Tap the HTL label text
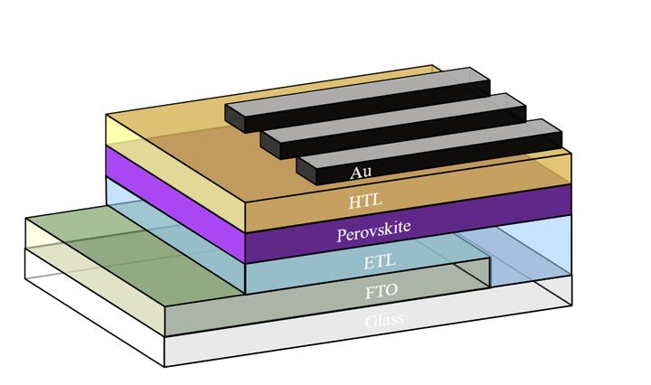(x=363, y=201)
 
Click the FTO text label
(x=382, y=292)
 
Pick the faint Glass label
(x=384, y=321)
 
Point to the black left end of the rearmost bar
(x=235, y=119)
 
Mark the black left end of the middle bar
(x=271, y=145)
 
